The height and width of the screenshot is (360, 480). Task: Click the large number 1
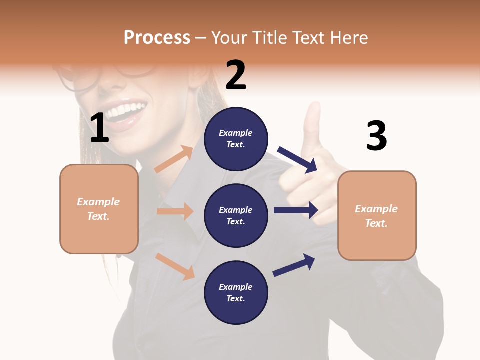coord(99,128)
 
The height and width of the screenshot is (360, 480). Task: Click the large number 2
coord(236,75)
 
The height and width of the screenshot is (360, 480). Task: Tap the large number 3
coord(376,136)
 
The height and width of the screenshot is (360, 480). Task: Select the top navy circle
coord(236,139)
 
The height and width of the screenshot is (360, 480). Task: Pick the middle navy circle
coord(236,215)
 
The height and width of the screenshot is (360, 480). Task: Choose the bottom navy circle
coord(236,292)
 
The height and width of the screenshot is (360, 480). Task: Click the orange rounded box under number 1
coord(99,209)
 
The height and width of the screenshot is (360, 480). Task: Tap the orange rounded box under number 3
coord(377,215)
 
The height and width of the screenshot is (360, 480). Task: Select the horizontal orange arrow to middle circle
coord(175,211)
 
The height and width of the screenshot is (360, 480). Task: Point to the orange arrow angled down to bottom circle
coord(175,266)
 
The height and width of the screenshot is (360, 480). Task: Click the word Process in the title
coord(157,37)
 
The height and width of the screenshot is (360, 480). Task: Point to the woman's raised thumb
coord(313,122)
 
